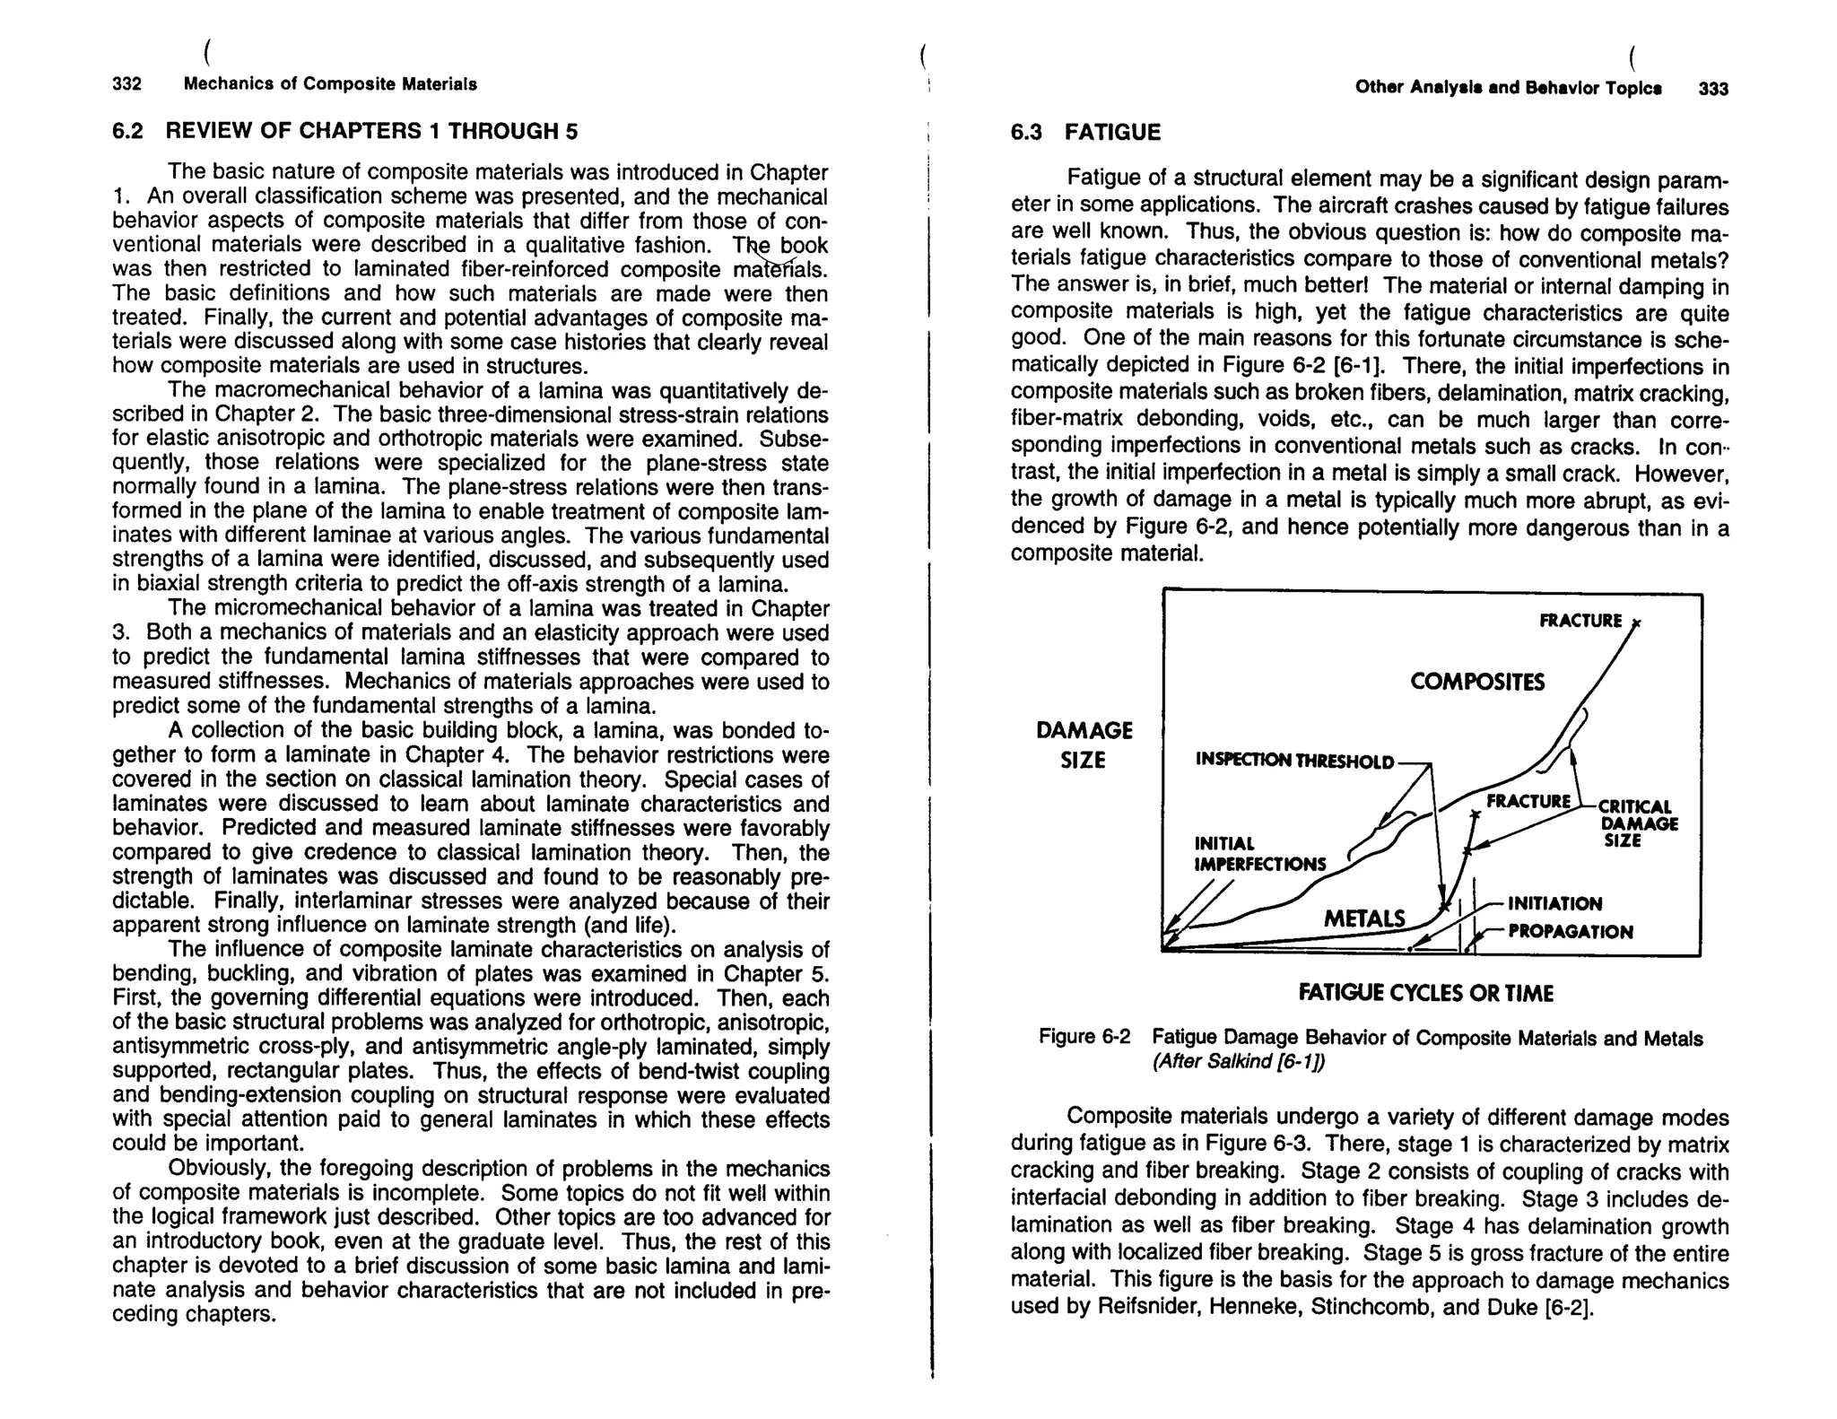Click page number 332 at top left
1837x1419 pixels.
click(126, 84)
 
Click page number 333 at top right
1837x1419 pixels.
click(1712, 89)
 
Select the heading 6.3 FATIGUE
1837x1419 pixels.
click(1085, 133)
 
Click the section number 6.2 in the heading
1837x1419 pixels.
click(127, 131)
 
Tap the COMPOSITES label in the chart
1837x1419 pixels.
click(1477, 683)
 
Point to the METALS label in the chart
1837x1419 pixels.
click(1364, 918)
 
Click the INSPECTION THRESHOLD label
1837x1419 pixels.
click(1294, 762)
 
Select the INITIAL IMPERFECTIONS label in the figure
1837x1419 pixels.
click(1259, 854)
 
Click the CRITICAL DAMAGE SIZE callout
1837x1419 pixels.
click(1638, 823)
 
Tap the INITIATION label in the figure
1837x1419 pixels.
click(1554, 903)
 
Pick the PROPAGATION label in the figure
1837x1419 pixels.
click(1570, 932)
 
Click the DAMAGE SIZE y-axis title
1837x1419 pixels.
click(1084, 744)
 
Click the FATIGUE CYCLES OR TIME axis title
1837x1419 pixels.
click(1425, 993)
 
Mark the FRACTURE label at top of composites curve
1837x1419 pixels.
click(1580, 621)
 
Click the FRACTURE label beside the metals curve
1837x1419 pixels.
click(1528, 800)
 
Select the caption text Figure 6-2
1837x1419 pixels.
click(1084, 1037)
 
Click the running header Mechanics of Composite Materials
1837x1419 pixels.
click(330, 84)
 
